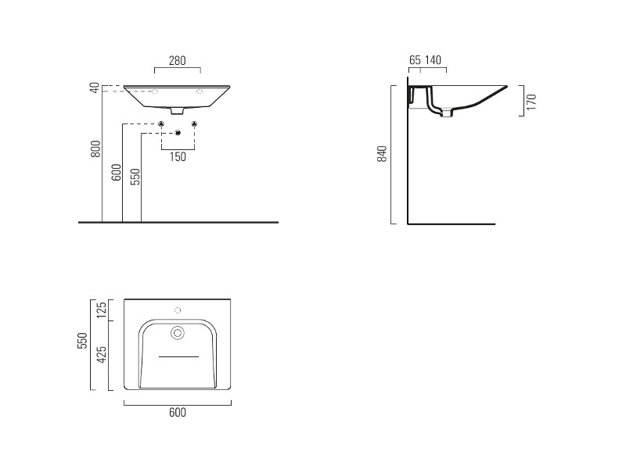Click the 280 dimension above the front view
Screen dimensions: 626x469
[x=178, y=61]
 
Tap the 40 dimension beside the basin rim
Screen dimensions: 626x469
[x=95, y=88]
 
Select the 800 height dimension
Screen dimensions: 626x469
[x=95, y=149]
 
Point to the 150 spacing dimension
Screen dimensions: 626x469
[x=178, y=157]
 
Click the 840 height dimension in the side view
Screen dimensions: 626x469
[x=382, y=154]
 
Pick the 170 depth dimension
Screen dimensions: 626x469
[x=531, y=102]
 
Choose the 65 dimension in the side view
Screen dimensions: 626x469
[x=416, y=60]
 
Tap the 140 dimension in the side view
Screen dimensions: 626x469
[x=433, y=60]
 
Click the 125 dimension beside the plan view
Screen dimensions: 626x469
[x=102, y=310]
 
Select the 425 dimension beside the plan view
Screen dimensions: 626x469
[x=102, y=355]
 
